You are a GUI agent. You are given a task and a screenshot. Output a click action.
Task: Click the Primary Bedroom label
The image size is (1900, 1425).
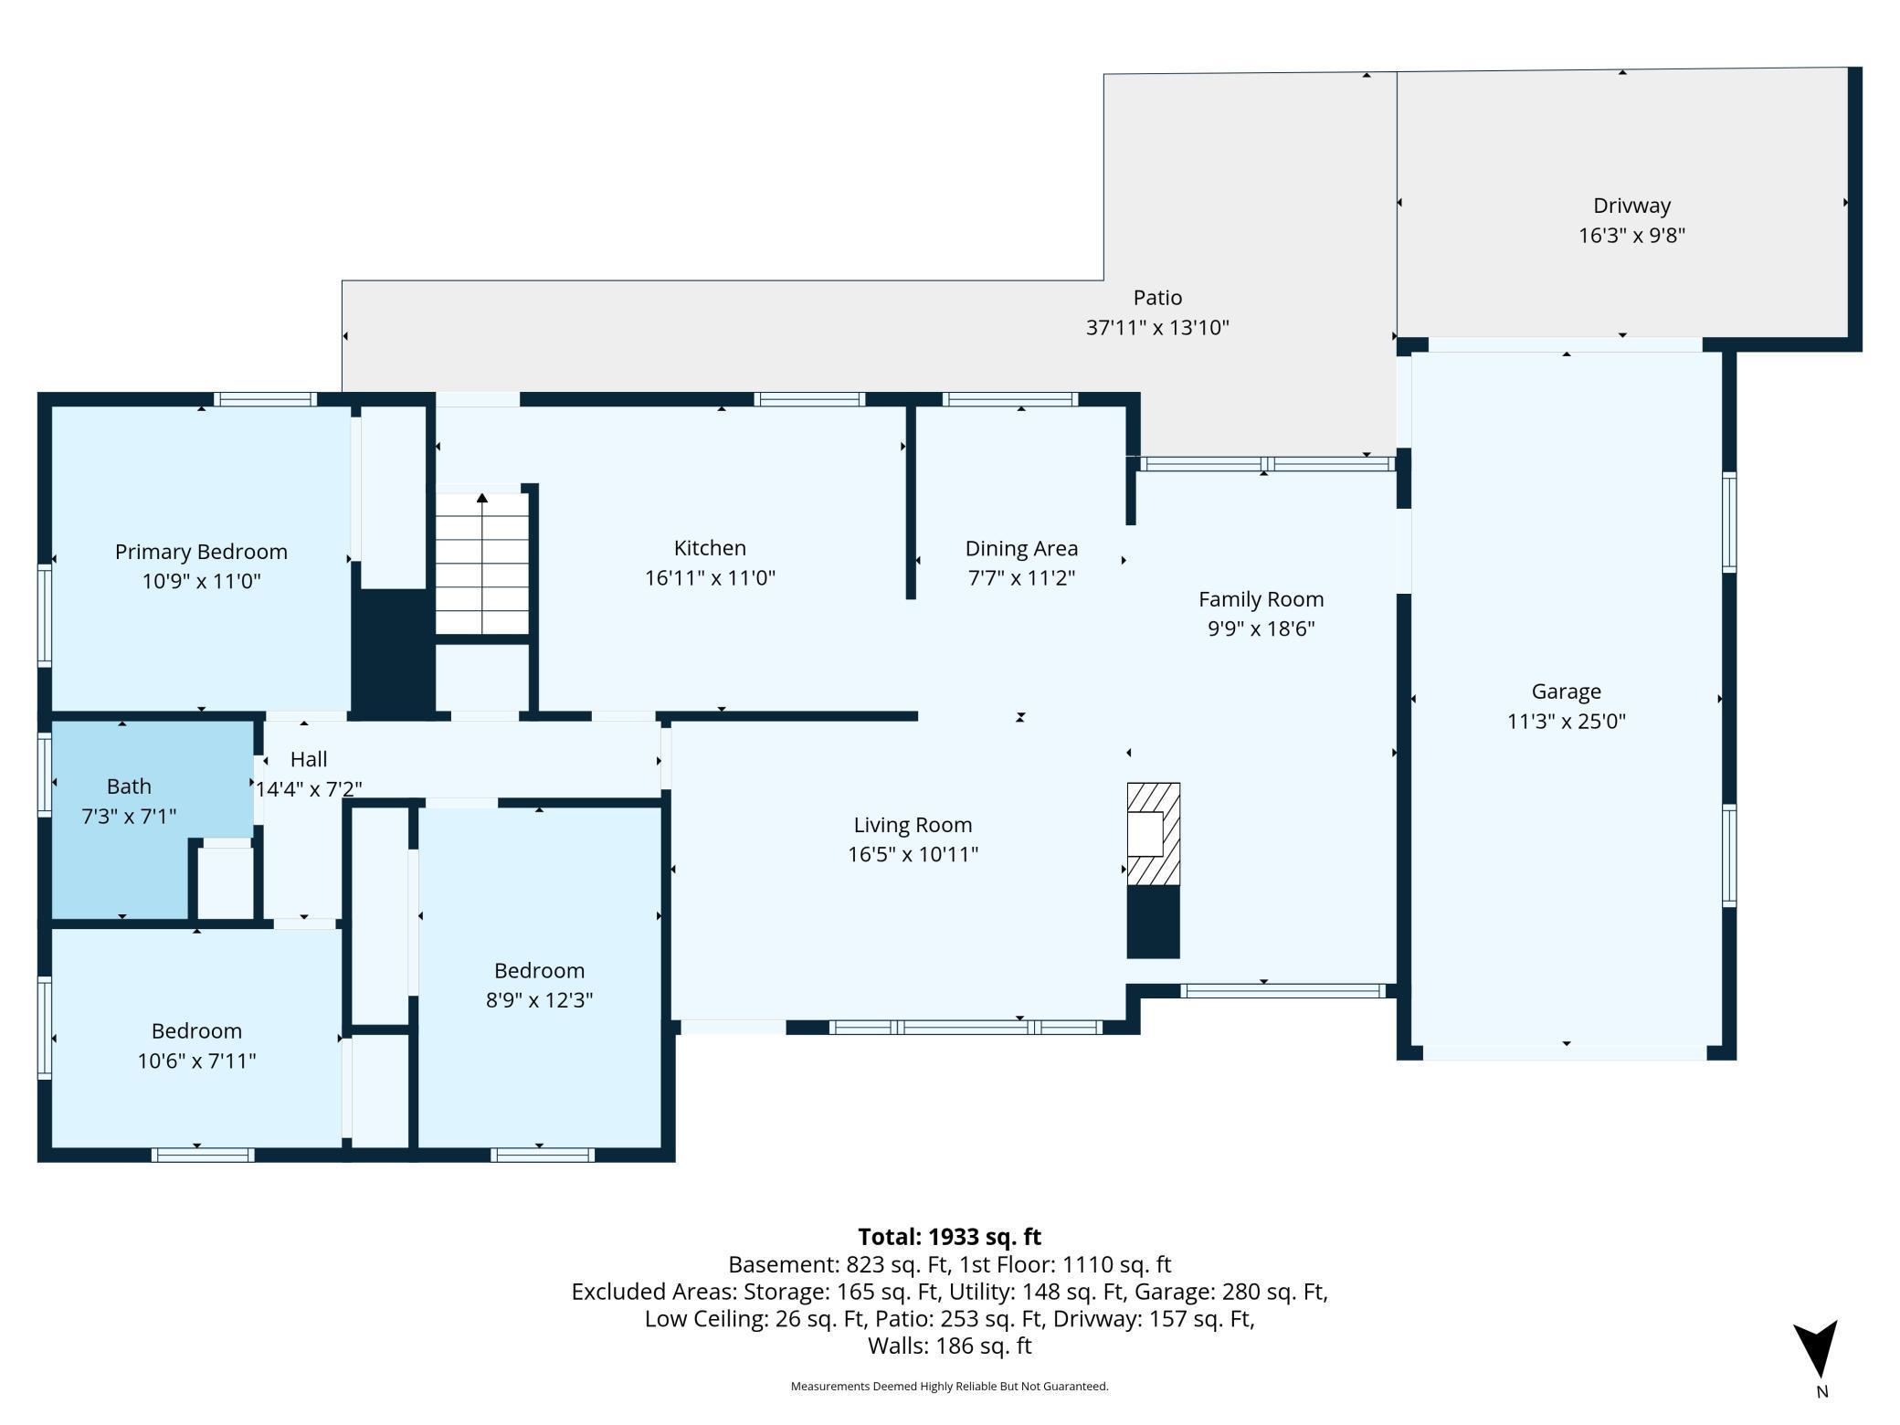(201, 552)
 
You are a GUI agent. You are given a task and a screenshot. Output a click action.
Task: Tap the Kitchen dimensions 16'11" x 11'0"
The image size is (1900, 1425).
(710, 577)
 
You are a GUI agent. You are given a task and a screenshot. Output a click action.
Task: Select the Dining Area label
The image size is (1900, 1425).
(1021, 548)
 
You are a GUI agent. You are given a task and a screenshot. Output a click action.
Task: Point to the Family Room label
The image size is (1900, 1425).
(1261, 599)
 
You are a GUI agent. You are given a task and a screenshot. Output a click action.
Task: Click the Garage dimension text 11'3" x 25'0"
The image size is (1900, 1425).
(1566, 721)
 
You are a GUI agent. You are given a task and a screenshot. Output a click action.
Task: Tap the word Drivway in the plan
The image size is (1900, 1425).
(1631, 206)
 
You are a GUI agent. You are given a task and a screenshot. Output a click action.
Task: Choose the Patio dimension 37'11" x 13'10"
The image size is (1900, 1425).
(1157, 327)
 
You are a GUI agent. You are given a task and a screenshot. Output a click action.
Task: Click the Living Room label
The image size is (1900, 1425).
(913, 825)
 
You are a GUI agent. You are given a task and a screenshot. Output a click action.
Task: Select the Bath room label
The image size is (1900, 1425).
(129, 786)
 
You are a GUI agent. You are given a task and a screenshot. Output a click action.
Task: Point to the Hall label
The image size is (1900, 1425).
(309, 759)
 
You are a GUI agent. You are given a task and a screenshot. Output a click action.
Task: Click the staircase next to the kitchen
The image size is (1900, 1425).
(481, 563)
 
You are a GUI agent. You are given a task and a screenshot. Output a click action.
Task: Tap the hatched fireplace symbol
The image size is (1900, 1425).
(1153, 834)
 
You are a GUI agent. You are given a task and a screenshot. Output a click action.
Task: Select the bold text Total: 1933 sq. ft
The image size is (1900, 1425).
(949, 1237)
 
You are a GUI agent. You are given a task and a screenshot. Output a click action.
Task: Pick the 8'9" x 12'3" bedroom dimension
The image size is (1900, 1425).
(539, 999)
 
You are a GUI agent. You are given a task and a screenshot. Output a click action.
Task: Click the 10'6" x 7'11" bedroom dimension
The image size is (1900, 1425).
(196, 1061)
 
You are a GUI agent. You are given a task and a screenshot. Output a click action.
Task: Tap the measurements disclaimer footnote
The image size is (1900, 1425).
(949, 1386)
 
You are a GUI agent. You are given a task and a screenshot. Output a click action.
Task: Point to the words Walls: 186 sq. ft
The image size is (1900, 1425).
(949, 1346)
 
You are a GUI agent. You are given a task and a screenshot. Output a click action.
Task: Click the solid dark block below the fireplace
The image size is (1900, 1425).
(1153, 922)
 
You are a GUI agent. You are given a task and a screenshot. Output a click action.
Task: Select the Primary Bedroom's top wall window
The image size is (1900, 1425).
(265, 399)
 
